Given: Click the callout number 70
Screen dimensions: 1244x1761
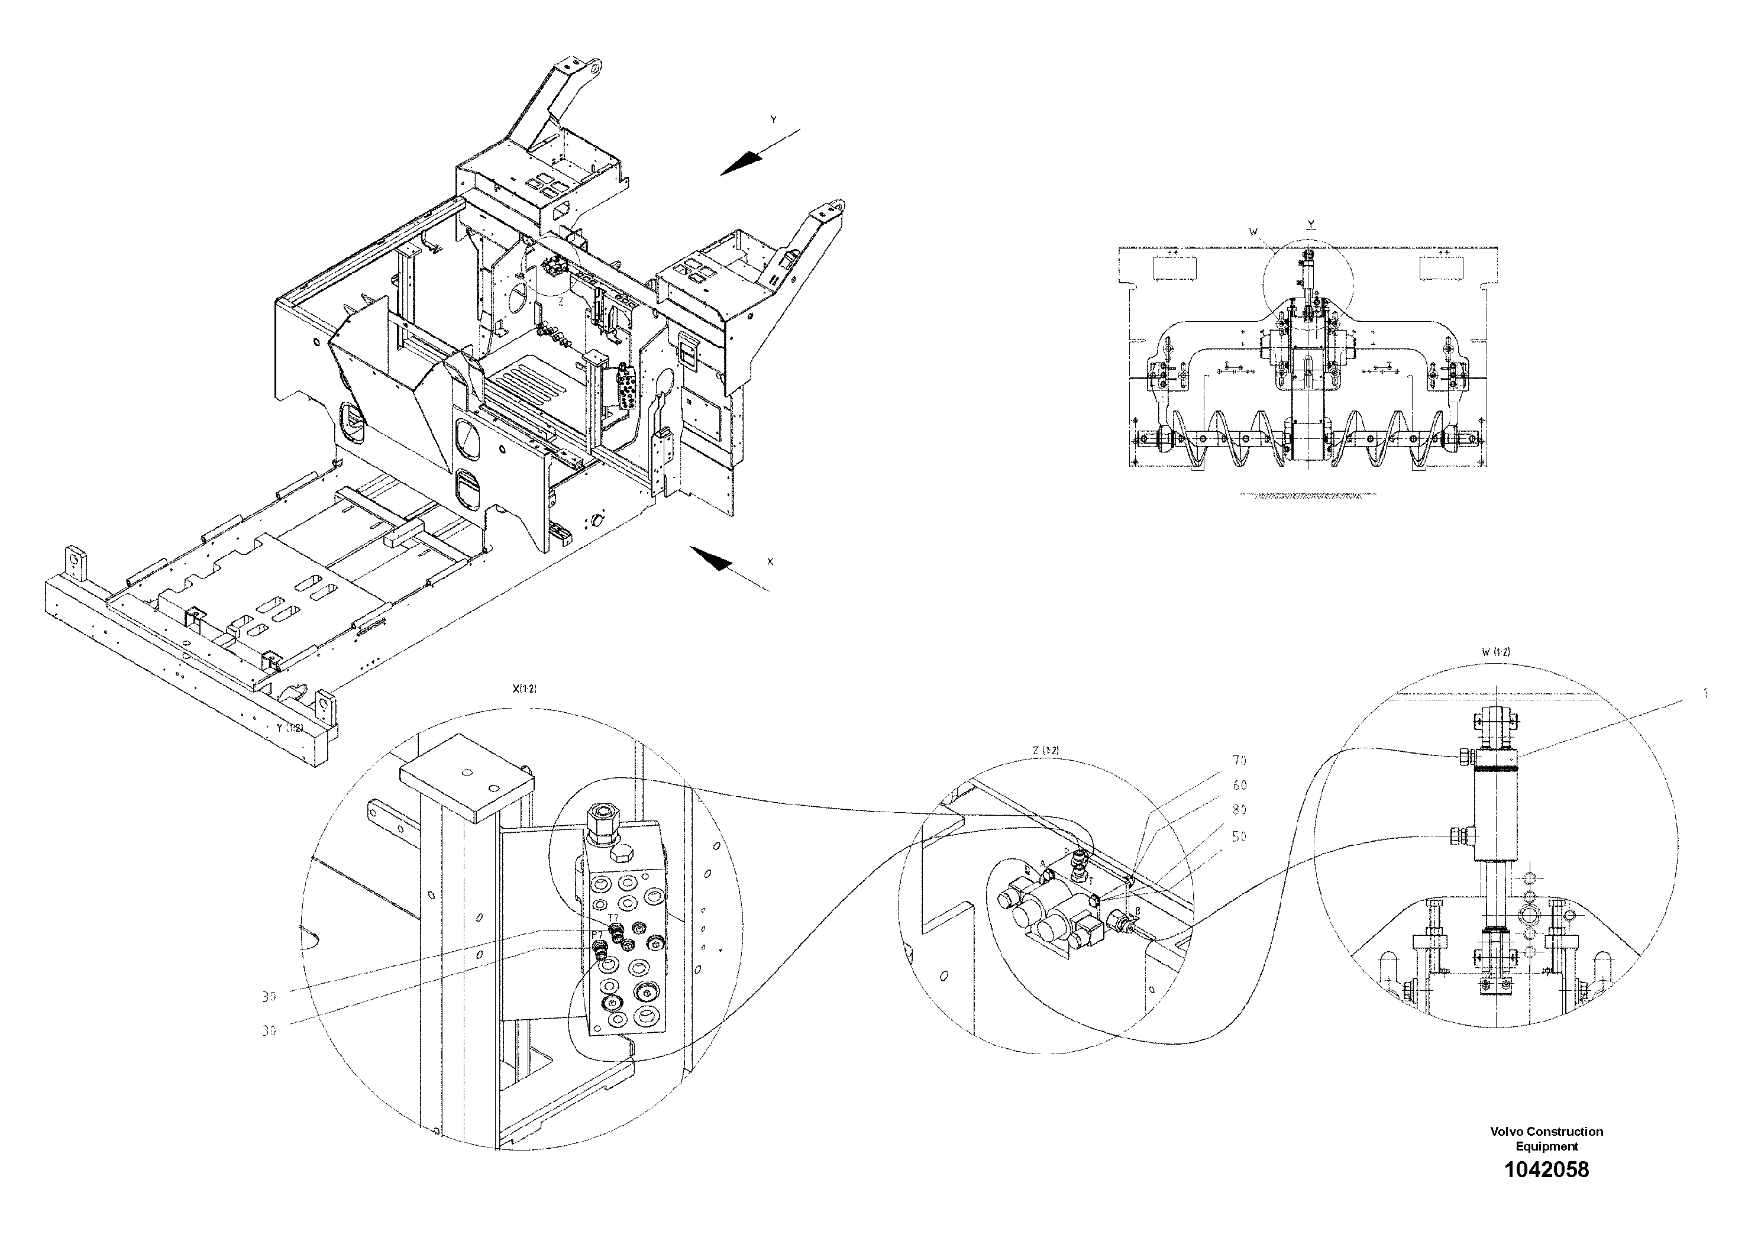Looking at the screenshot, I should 1239,761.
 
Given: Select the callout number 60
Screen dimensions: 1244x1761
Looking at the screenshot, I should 1239,786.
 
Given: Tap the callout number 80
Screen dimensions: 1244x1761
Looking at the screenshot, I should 1239,810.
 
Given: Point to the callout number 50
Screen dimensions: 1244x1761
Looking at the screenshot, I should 1239,837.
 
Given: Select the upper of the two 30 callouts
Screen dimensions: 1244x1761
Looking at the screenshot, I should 269,997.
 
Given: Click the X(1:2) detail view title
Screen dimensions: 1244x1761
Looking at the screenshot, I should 525,689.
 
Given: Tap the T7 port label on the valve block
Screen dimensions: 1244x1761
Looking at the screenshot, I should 613,917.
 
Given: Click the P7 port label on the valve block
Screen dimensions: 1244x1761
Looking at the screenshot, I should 596,934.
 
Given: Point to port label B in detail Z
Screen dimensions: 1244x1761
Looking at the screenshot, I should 1138,911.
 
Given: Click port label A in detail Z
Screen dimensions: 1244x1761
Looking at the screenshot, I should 1043,864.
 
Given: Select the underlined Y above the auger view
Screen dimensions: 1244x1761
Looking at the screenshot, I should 1311,225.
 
